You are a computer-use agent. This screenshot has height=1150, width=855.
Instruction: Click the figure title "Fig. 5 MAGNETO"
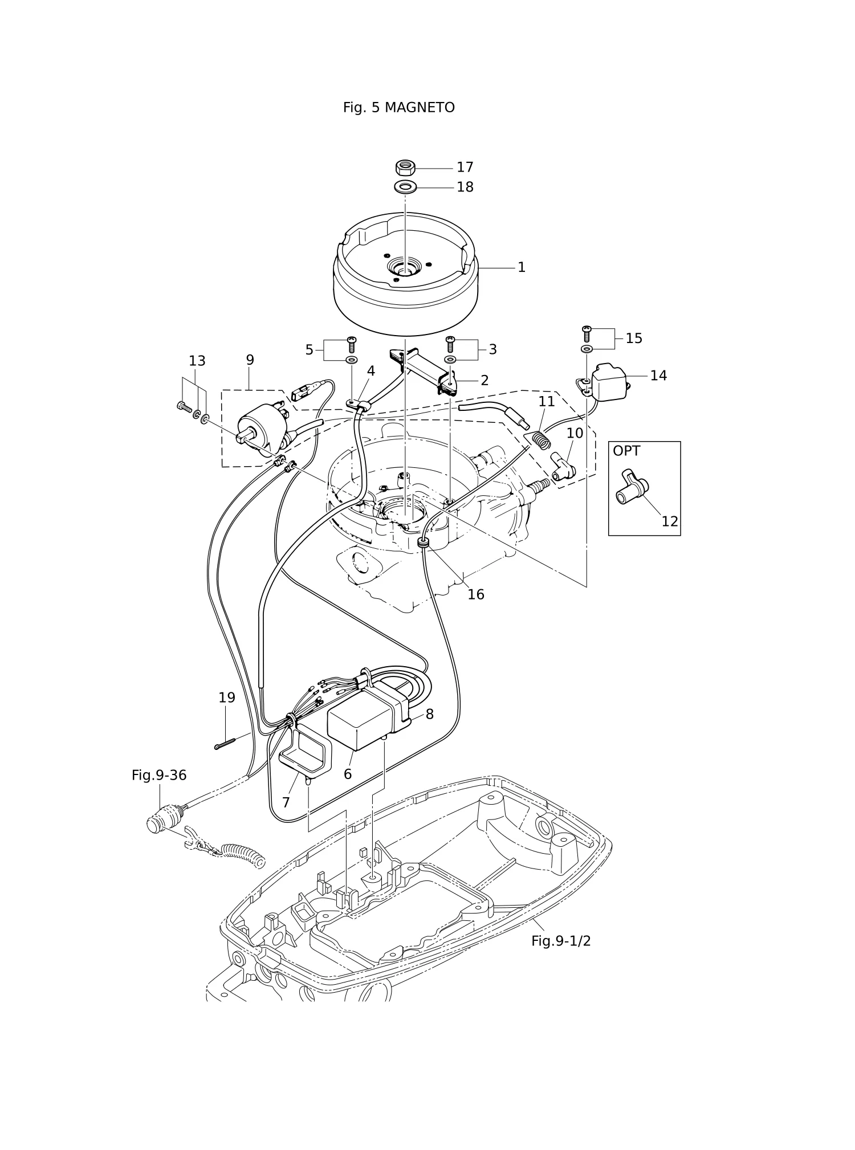click(398, 108)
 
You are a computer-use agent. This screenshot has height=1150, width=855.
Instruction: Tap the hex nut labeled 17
click(405, 168)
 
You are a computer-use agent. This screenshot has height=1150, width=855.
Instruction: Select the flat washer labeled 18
click(405, 186)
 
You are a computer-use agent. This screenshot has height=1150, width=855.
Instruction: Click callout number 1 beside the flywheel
click(521, 267)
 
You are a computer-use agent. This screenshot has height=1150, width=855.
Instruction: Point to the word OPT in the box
click(626, 451)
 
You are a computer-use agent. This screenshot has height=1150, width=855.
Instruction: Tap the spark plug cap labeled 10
click(563, 466)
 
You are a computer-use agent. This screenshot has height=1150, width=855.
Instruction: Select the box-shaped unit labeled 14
click(609, 382)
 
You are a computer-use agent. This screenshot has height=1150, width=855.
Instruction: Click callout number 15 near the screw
click(634, 339)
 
